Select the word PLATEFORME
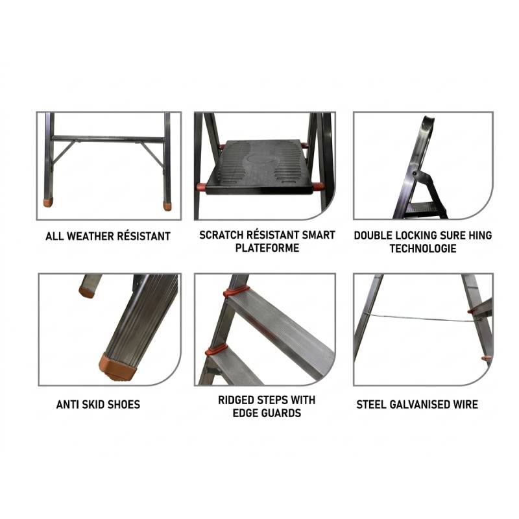click(x=267, y=248)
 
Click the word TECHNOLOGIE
click(x=423, y=248)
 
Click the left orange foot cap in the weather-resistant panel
click(x=48, y=202)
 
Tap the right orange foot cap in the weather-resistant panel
click(x=167, y=206)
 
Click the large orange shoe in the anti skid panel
click(x=118, y=367)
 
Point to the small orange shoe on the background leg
click(x=86, y=292)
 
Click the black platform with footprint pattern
click(x=259, y=167)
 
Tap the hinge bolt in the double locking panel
click(x=415, y=173)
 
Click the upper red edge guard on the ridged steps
click(x=235, y=291)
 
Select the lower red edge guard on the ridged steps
click(x=217, y=350)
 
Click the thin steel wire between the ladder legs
click(x=418, y=318)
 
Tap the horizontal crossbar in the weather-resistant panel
click(x=108, y=139)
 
